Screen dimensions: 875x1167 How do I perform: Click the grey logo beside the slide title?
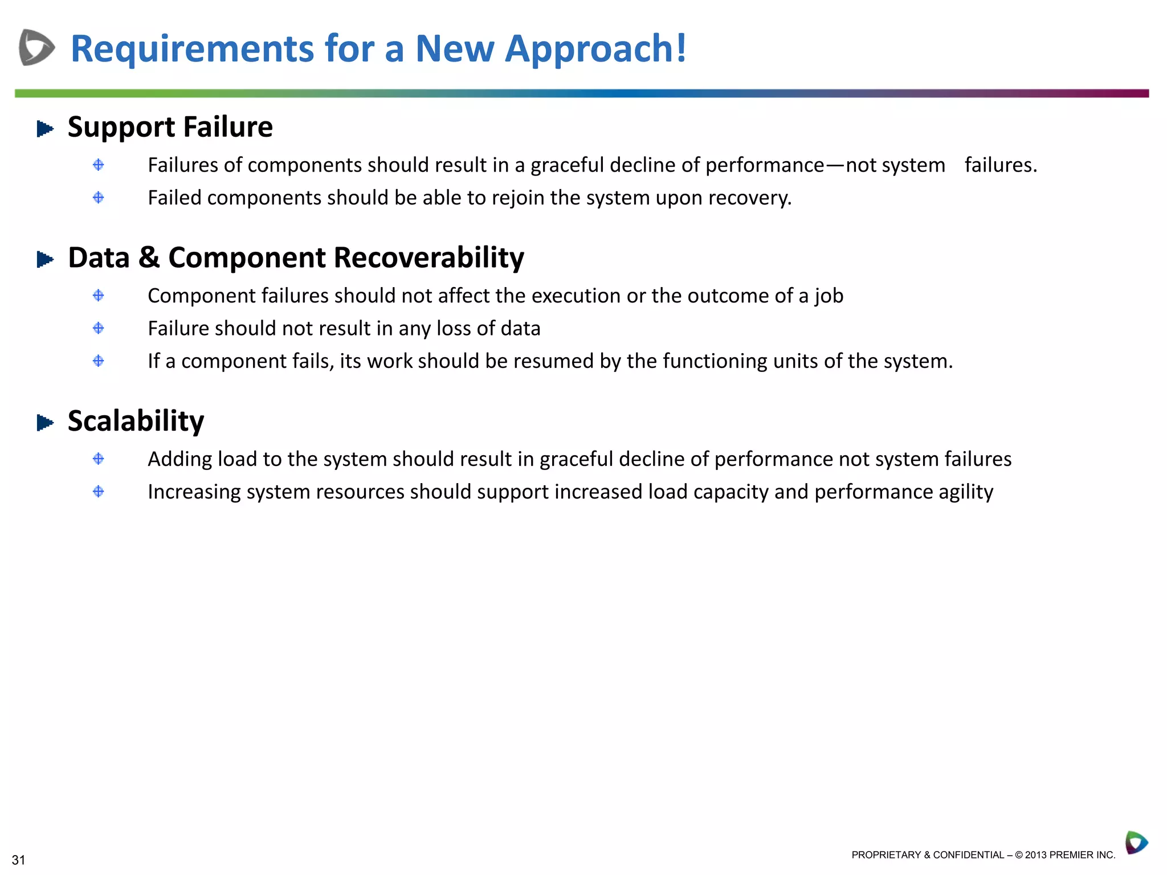pyautogui.click(x=36, y=47)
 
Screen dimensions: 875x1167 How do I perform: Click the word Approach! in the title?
pyautogui.click(x=596, y=48)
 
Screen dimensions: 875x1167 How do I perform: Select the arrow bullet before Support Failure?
pyautogui.click(x=44, y=129)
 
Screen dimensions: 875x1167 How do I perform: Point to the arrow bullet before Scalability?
pyautogui.click(x=44, y=423)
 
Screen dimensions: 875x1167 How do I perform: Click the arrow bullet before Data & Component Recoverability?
pyautogui.click(x=44, y=260)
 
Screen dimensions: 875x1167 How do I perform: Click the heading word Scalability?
pyautogui.click(x=136, y=422)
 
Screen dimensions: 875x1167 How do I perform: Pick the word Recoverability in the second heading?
pyautogui.click(x=429, y=258)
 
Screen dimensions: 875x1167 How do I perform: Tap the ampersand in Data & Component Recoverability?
pyautogui.click(x=149, y=257)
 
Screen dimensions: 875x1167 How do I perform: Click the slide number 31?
pyautogui.click(x=18, y=860)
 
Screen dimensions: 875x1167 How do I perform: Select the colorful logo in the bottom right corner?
pyautogui.click(x=1136, y=843)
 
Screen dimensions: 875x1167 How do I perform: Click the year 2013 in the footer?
pyautogui.click(x=1035, y=855)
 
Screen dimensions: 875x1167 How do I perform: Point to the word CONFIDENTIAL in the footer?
pyautogui.click(x=968, y=855)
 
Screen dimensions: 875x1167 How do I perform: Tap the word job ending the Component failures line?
pyautogui.click(x=829, y=296)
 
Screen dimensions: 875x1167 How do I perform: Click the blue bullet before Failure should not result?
pyautogui.click(x=98, y=328)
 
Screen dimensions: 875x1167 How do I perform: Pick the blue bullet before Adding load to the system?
pyautogui.click(x=98, y=459)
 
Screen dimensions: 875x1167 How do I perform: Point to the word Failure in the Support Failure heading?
pyautogui.click(x=228, y=127)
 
